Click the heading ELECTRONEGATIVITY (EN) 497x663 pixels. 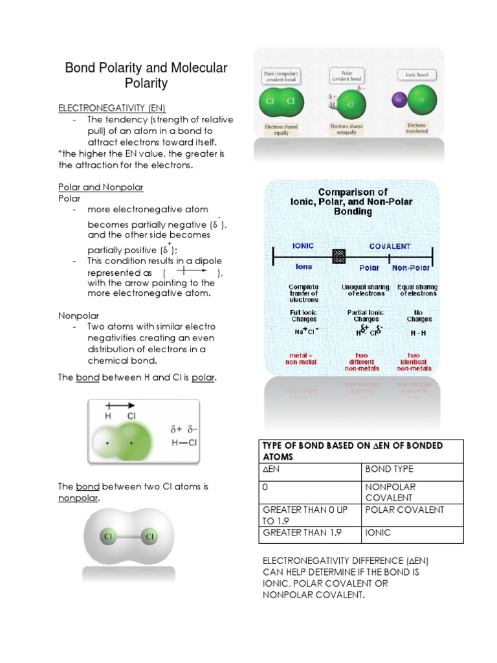tap(116, 107)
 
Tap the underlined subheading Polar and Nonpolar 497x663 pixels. tap(101, 187)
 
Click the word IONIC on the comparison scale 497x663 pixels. tap(303, 246)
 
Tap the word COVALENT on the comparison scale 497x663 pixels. tap(390, 246)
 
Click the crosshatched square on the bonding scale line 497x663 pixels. tap(338, 256)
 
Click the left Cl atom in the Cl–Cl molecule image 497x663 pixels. tap(107, 537)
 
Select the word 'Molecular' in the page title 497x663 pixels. tap(201, 68)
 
